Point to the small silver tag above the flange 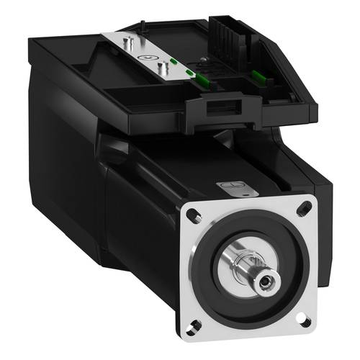click(x=237, y=189)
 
